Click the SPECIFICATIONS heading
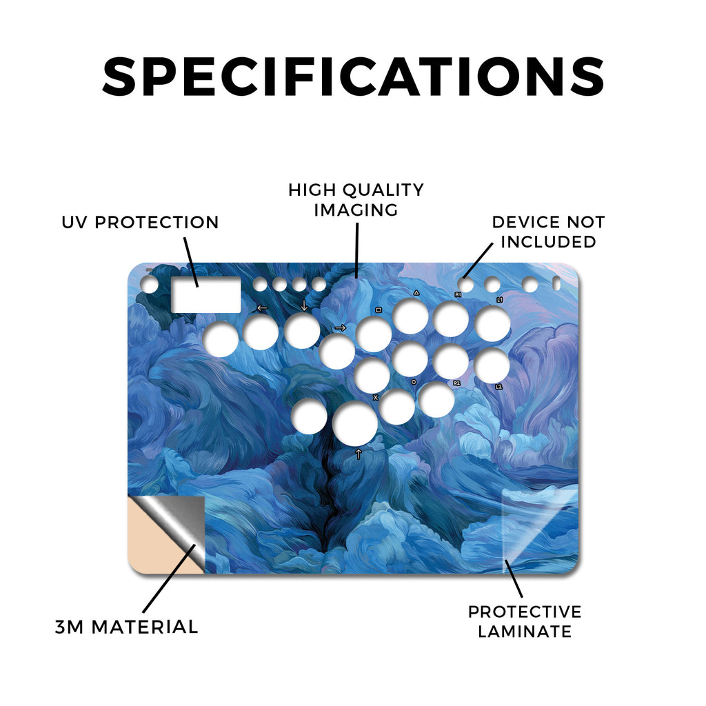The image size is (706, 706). (x=354, y=76)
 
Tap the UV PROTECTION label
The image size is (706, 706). (x=140, y=223)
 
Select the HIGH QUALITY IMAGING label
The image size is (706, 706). (x=356, y=200)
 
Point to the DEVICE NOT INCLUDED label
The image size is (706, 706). (x=548, y=232)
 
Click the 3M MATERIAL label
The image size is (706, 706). (x=127, y=627)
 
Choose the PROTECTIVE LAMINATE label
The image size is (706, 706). (x=525, y=621)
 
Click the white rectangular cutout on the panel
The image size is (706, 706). (x=206, y=295)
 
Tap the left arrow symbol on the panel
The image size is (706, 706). (x=262, y=308)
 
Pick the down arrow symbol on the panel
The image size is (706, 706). (x=304, y=305)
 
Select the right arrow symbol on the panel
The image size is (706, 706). (x=341, y=327)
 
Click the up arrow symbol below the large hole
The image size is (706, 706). (x=359, y=454)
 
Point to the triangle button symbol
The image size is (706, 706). (x=416, y=292)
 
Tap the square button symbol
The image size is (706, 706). (x=379, y=310)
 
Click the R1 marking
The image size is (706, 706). (x=458, y=294)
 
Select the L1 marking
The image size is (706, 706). (x=499, y=299)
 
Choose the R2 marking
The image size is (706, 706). (x=456, y=383)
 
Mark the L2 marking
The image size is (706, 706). (x=498, y=387)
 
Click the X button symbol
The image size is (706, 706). (x=376, y=398)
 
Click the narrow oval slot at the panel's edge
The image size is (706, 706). (x=556, y=283)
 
